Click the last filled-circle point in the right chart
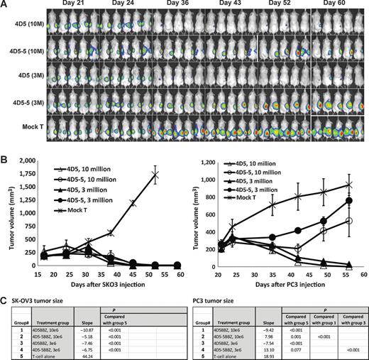pyautogui.click(x=349, y=200)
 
